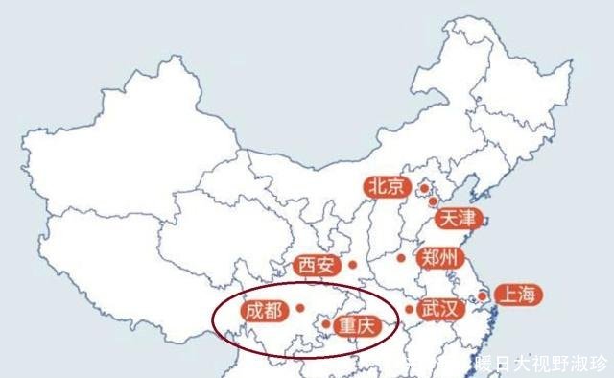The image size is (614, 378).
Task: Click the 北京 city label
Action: point(388,187)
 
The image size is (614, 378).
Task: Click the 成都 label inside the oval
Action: point(263,310)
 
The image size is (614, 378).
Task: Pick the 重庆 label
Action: point(358,326)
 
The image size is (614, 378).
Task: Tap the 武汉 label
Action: point(441,309)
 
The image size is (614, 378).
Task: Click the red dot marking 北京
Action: point(423,188)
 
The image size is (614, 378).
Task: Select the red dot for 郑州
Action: point(401,257)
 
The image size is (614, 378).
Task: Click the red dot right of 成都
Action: point(300,308)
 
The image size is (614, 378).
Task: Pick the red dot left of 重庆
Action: point(326,324)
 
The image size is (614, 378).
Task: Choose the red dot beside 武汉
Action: point(409,309)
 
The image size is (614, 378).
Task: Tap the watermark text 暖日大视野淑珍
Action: point(541,364)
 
